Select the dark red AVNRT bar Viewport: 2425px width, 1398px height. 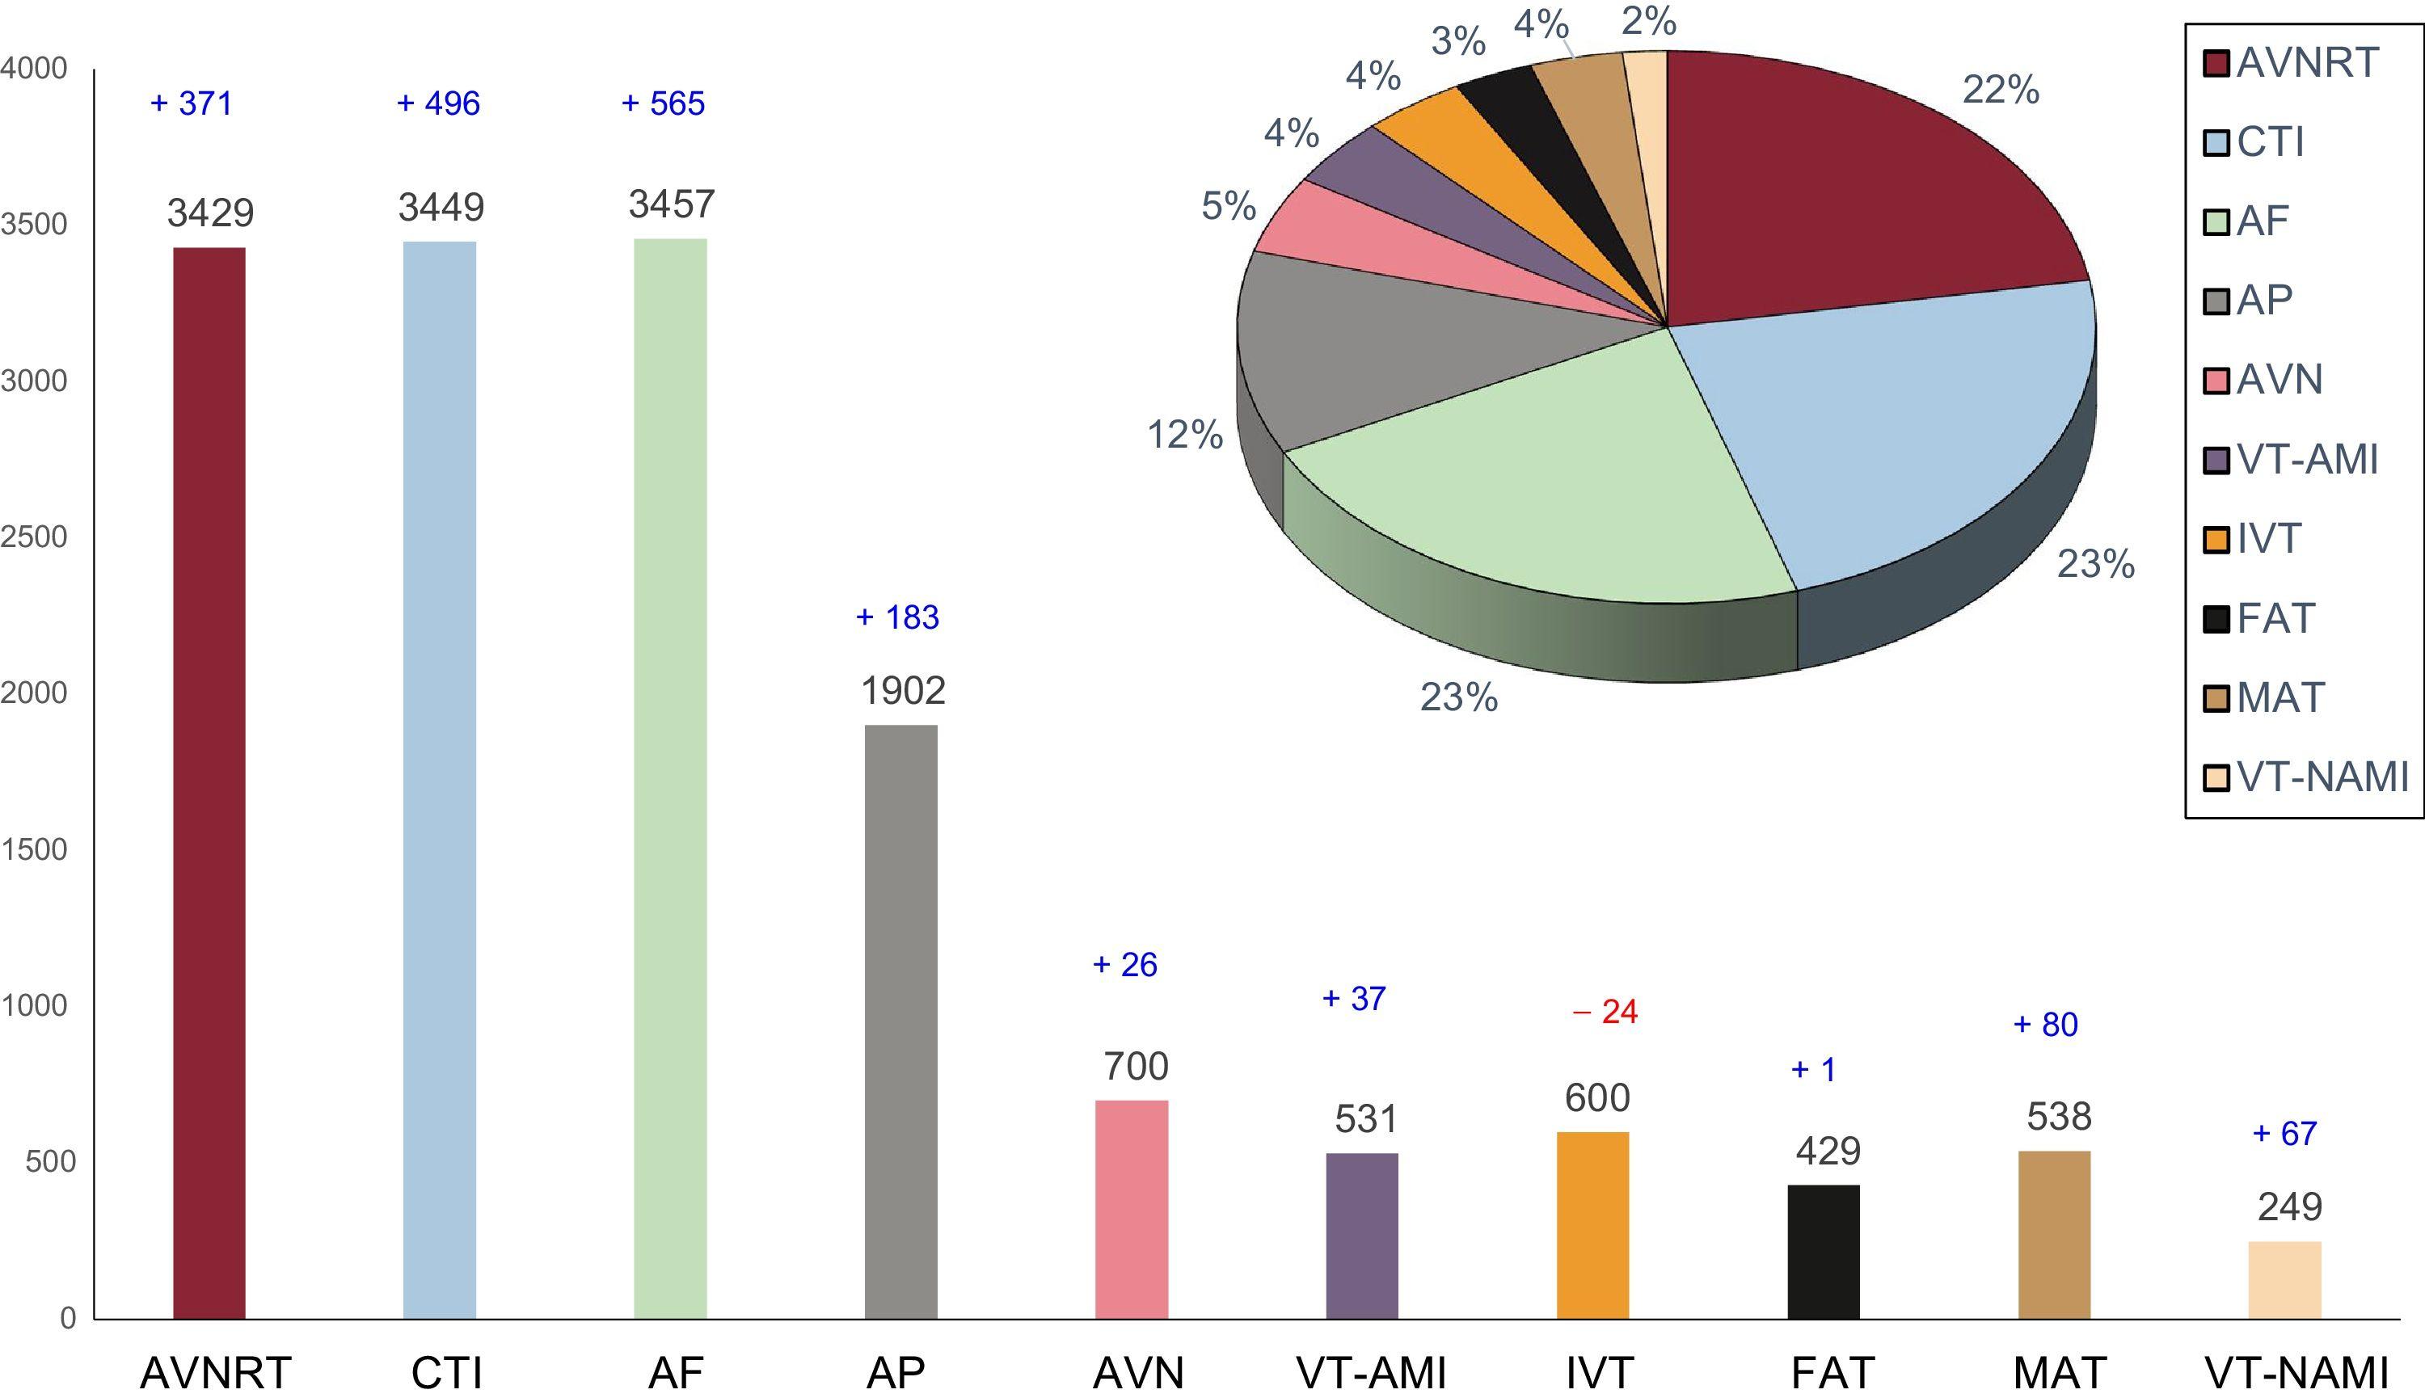209,782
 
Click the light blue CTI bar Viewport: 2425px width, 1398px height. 439,780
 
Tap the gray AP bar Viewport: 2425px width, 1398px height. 900,1021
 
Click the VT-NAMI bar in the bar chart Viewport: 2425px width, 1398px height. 2285,1280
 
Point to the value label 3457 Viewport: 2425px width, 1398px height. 671,204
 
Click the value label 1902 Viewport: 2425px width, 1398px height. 903,691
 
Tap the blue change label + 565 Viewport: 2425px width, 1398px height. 664,103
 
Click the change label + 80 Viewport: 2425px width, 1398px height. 2046,1025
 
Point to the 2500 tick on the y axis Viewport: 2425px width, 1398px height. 35,537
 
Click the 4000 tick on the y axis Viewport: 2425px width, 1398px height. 35,68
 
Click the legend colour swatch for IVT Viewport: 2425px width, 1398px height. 2216,540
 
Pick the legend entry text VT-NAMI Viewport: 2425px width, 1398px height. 2322,777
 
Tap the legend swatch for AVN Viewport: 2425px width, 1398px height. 2216,381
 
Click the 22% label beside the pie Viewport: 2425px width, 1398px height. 2001,91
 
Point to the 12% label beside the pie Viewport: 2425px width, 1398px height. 1185,436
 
